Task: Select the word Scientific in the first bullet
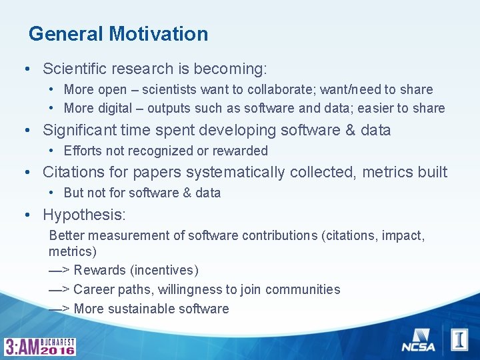click(x=74, y=69)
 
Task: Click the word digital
click(x=119, y=108)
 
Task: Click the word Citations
click(x=73, y=172)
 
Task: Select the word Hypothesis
click(x=84, y=215)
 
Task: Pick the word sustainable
click(x=143, y=309)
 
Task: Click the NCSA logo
click(x=417, y=340)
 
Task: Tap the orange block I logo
click(x=459, y=339)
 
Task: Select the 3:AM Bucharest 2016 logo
click(x=40, y=346)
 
